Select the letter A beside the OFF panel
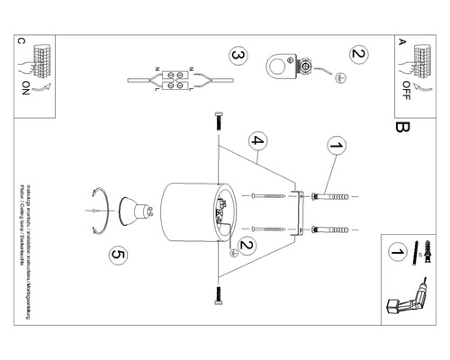[x=401, y=41]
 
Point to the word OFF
[x=404, y=90]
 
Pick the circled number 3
[x=238, y=57]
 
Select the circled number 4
[x=257, y=141]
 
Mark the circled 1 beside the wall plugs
[x=336, y=145]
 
